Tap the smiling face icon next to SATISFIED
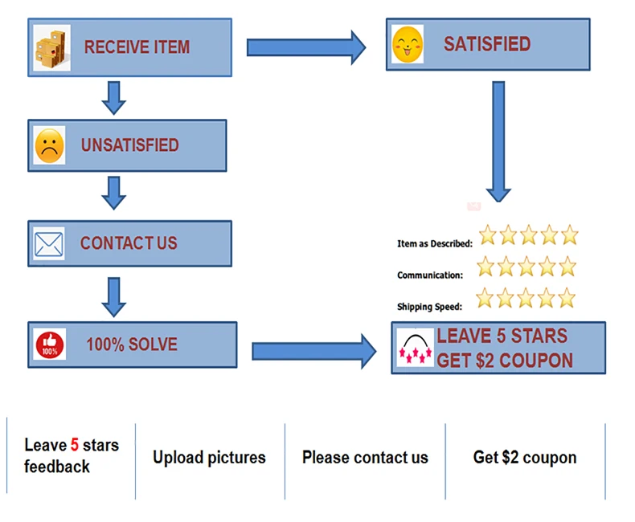pos(408,44)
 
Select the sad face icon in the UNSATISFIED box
pos(49,146)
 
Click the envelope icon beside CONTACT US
pos(49,243)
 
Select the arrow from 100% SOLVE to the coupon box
pos(313,351)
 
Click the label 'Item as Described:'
pos(434,243)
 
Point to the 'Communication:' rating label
pos(430,275)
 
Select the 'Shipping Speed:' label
pos(429,307)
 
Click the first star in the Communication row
pos(485,266)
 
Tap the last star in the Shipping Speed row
pos(567,298)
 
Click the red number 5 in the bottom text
pos(75,444)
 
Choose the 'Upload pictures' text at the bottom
pos(209,458)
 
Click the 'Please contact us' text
pos(365,458)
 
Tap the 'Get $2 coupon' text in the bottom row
pos(525,458)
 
